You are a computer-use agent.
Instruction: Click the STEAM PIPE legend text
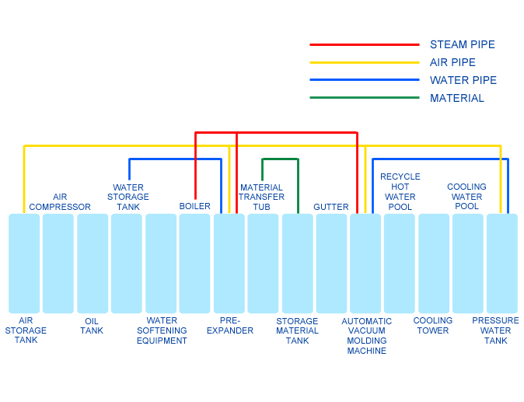(462, 44)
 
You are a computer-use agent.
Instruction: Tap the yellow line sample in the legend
(365, 62)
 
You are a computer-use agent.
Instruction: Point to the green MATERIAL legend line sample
(365, 97)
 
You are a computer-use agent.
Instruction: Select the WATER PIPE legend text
(463, 80)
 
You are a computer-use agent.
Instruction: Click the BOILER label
(195, 206)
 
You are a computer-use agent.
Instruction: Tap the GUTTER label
(331, 207)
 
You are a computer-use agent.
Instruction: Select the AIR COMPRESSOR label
(60, 202)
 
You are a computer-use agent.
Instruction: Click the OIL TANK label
(92, 326)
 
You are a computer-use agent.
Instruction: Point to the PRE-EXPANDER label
(230, 326)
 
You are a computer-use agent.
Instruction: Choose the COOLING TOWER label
(433, 326)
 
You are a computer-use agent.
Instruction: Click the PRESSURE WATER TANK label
(495, 330)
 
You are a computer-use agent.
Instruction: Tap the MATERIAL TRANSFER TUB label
(261, 198)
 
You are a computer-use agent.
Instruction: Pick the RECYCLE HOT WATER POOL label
(400, 192)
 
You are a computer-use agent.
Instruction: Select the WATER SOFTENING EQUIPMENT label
(162, 330)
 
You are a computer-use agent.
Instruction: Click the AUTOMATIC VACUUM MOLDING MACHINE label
(367, 336)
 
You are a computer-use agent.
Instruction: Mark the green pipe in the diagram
(280, 159)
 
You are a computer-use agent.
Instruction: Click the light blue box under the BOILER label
(194, 264)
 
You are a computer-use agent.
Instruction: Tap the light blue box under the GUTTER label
(331, 264)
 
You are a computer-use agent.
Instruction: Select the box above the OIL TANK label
(93, 264)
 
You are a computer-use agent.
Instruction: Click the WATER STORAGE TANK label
(128, 198)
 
